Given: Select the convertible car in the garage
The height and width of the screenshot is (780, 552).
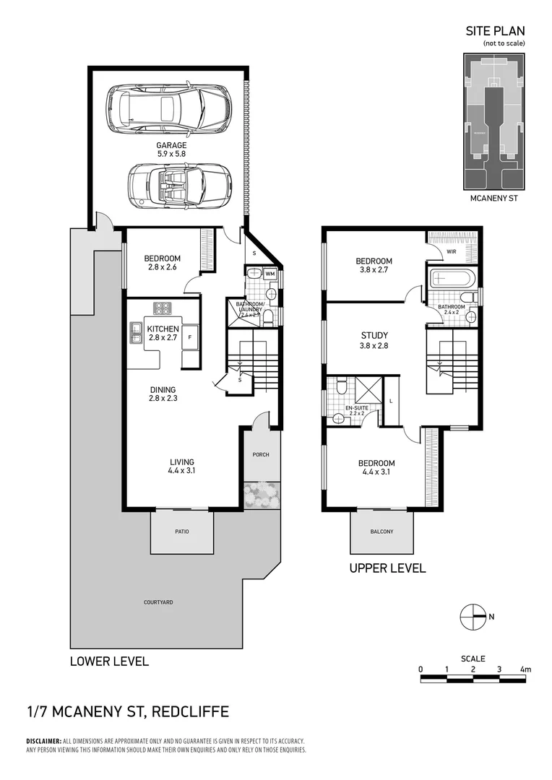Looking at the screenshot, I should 179,186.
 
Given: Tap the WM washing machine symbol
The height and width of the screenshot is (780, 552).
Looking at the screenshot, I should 269,274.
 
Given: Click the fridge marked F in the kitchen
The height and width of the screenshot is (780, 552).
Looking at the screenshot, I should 189,337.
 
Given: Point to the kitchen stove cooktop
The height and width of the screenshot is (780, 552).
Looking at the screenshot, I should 163,308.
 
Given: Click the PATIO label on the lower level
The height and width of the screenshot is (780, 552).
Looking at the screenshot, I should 181,532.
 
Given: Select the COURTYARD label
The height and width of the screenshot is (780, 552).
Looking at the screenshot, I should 158,602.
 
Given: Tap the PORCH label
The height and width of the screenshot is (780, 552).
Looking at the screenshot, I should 260,455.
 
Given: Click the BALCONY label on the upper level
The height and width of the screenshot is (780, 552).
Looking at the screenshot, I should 381,532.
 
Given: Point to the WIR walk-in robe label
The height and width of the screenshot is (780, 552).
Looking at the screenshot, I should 452,252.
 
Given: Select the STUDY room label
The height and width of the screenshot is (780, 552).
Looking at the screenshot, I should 374,335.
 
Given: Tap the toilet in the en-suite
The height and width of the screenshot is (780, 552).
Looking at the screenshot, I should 342,389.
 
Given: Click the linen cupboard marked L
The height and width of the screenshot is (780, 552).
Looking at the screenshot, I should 391,400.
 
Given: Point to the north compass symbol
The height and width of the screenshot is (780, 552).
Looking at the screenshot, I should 475,616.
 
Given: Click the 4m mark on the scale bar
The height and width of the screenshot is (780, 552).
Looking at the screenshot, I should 525,669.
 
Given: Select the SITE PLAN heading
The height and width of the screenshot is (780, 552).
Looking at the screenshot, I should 494,31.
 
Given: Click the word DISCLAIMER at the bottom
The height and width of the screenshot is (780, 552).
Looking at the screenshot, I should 43,741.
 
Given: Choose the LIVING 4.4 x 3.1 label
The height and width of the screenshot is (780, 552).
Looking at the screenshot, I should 181,467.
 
